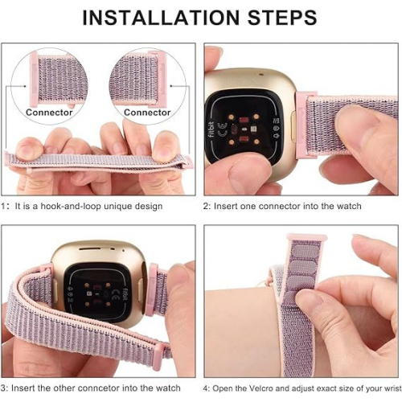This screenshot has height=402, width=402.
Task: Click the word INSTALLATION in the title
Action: [x=161, y=18]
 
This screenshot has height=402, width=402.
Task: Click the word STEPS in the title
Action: [x=282, y=18]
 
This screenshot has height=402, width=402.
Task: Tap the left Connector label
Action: [x=49, y=113]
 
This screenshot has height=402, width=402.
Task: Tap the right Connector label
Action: [x=147, y=113]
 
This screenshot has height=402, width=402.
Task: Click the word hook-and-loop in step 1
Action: [x=71, y=207]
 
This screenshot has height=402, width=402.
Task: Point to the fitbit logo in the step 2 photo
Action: [x=211, y=129]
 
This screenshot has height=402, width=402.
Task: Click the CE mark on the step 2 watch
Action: [x=223, y=129]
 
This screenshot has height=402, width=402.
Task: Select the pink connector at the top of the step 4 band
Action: [x=307, y=237]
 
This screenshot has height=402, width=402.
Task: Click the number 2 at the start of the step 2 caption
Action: [x=206, y=207]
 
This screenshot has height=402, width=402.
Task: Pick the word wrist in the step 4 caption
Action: [x=393, y=388]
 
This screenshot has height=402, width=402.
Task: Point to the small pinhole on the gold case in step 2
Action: [x=261, y=74]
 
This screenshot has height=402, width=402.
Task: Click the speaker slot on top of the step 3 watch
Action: [x=90, y=249]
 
